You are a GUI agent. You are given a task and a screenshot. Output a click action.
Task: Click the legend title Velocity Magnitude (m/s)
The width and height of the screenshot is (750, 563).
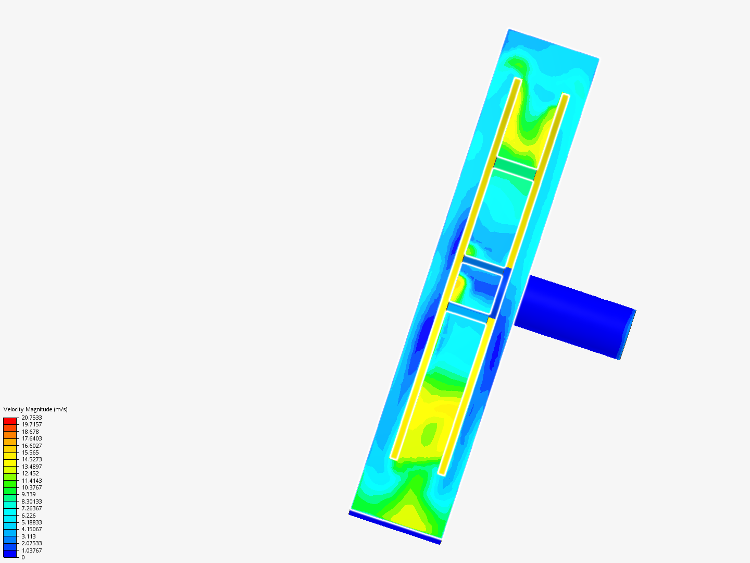tap(35, 409)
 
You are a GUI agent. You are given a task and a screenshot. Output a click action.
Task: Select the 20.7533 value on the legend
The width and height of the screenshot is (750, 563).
tap(32, 418)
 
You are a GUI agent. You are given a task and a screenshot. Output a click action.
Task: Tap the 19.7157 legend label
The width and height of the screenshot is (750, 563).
tap(32, 424)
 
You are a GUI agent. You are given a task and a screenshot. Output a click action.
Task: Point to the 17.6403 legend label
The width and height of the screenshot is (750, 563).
tap(32, 438)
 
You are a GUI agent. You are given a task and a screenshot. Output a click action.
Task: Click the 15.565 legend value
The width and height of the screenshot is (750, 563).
tap(30, 452)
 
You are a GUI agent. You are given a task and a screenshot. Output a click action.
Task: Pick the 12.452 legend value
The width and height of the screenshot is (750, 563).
tap(30, 473)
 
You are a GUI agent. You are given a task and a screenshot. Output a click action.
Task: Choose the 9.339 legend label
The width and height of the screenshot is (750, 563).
tap(29, 494)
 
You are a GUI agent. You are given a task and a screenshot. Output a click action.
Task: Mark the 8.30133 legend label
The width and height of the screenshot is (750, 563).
tap(32, 501)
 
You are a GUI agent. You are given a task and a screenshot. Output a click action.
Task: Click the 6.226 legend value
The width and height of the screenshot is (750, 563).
tap(29, 516)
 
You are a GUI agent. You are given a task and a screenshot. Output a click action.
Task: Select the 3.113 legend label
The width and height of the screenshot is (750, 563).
tap(29, 536)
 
